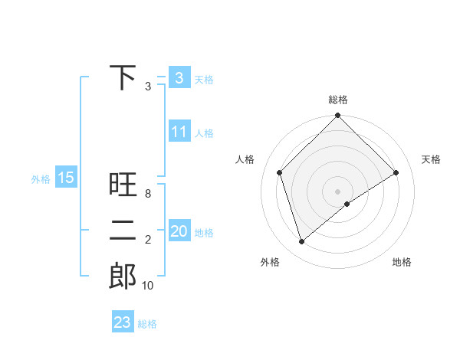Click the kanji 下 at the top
pos(123,77)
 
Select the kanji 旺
pos(123,185)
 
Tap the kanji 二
pos(123,231)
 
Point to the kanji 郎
pos(123,277)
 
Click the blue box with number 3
pos(179,78)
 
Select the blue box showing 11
pos(179,132)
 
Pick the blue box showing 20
pos(179,231)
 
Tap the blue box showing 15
pos(66,178)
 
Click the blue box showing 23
pos(122,322)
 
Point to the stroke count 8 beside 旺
pos(147,194)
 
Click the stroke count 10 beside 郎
pos(147,286)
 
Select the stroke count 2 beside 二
pos(147,240)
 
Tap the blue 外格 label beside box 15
pos(40,179)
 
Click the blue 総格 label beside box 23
pos(147,323)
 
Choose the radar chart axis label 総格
pos(337,100)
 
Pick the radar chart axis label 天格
pos(432,159)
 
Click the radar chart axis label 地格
pos(402,262)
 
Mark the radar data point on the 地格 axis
pos(347,204)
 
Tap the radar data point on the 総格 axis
pos(337,116)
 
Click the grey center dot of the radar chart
pos(337,191)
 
